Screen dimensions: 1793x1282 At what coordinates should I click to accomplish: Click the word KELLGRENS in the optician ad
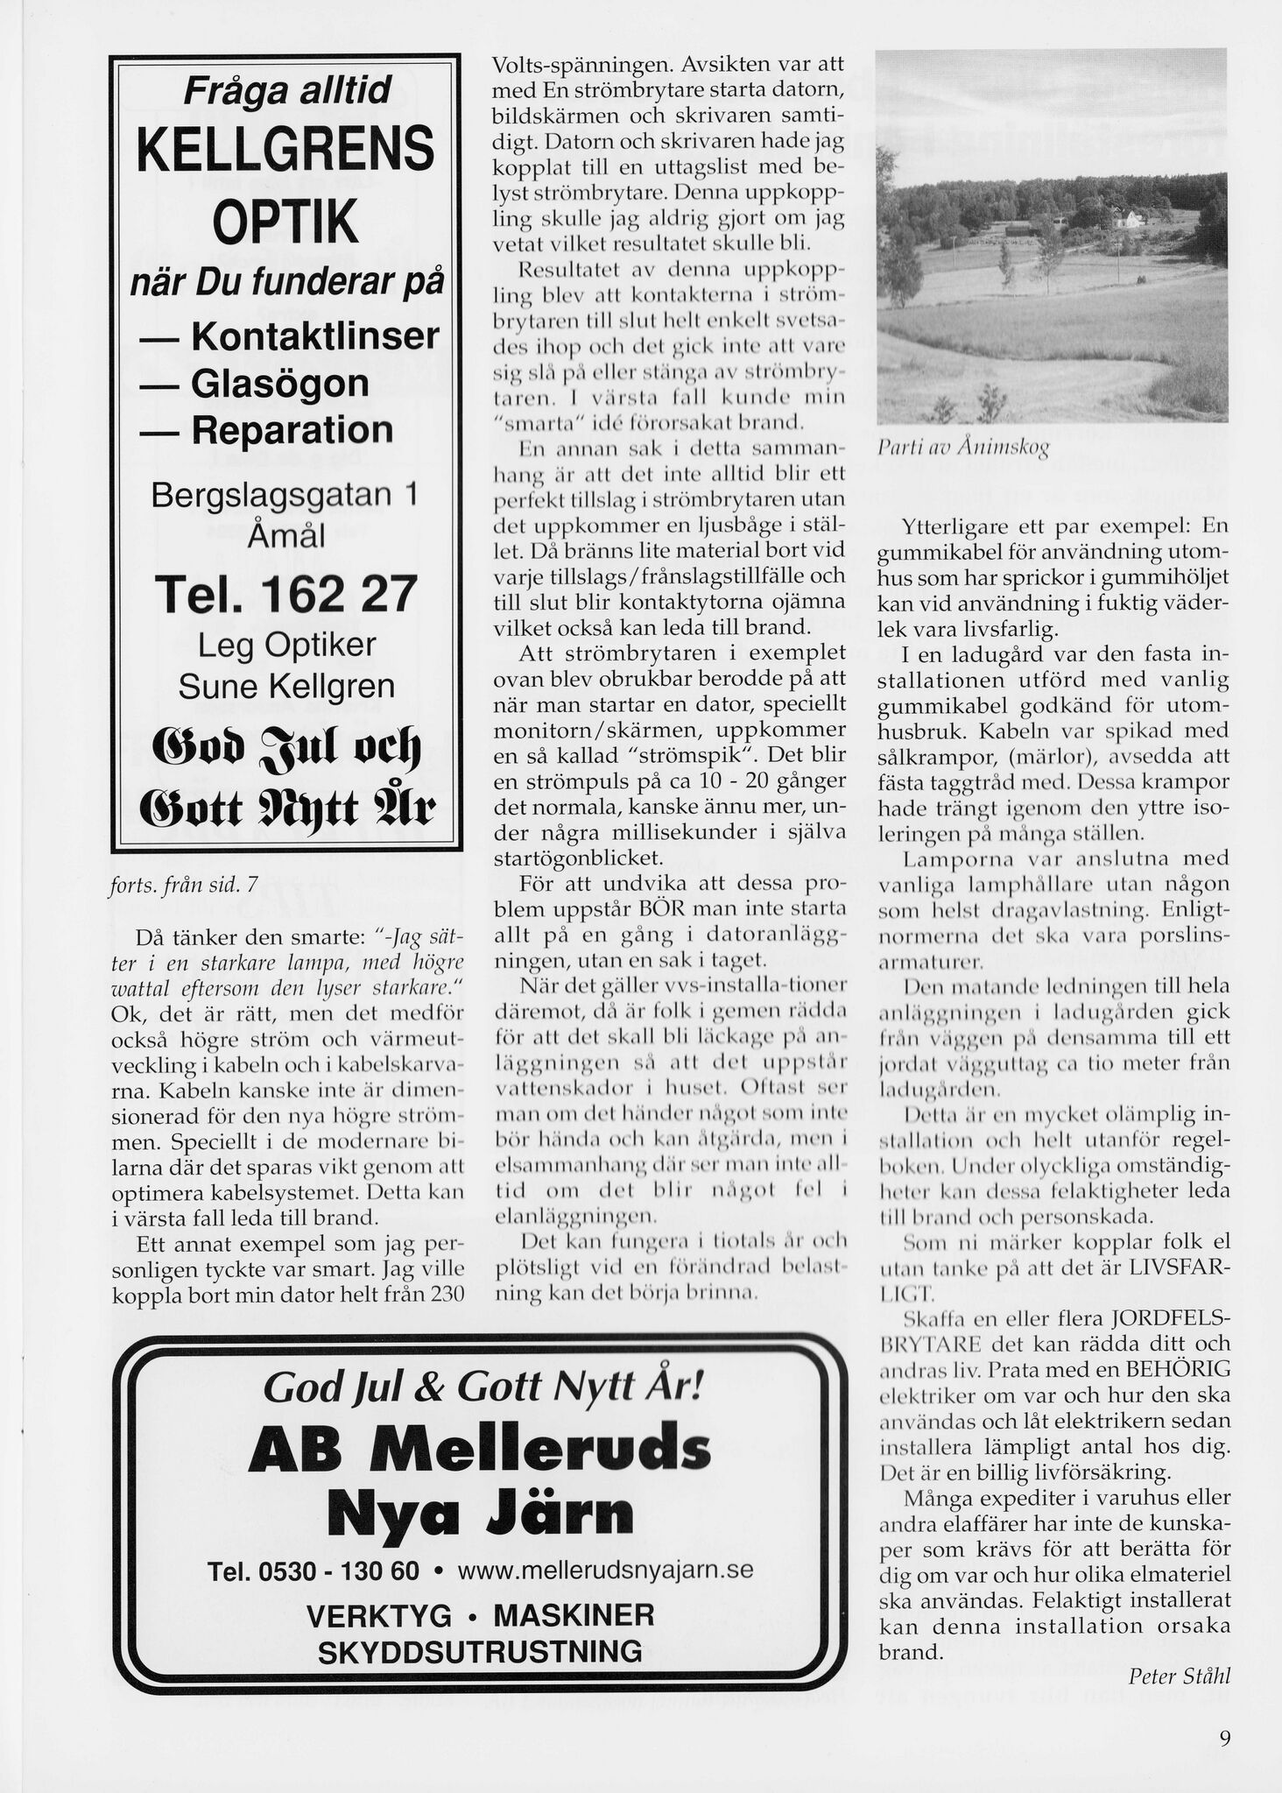pos(285,149)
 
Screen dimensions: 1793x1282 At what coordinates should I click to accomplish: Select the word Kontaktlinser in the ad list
pos(314,336)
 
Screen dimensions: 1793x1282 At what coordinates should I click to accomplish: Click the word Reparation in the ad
pos(292,430)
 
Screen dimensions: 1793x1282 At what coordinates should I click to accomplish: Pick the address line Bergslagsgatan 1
pos(285,496)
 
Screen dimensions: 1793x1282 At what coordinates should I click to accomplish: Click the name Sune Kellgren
pos(286,686)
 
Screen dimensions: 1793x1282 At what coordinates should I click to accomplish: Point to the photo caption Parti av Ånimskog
pos(963,447)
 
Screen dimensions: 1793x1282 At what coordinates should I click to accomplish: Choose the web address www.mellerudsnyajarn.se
pos(605,1570)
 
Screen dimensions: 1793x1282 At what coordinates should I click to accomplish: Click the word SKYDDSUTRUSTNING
pos(479,1652)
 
